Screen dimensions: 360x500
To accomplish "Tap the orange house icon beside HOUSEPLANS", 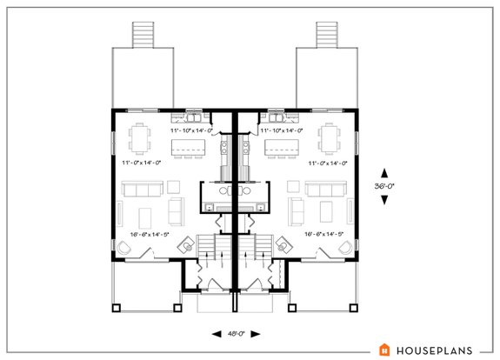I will tap(383, 349).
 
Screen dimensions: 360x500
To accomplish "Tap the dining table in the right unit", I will tap(330, 139).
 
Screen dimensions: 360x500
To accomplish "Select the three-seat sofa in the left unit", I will tap(140, 189).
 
